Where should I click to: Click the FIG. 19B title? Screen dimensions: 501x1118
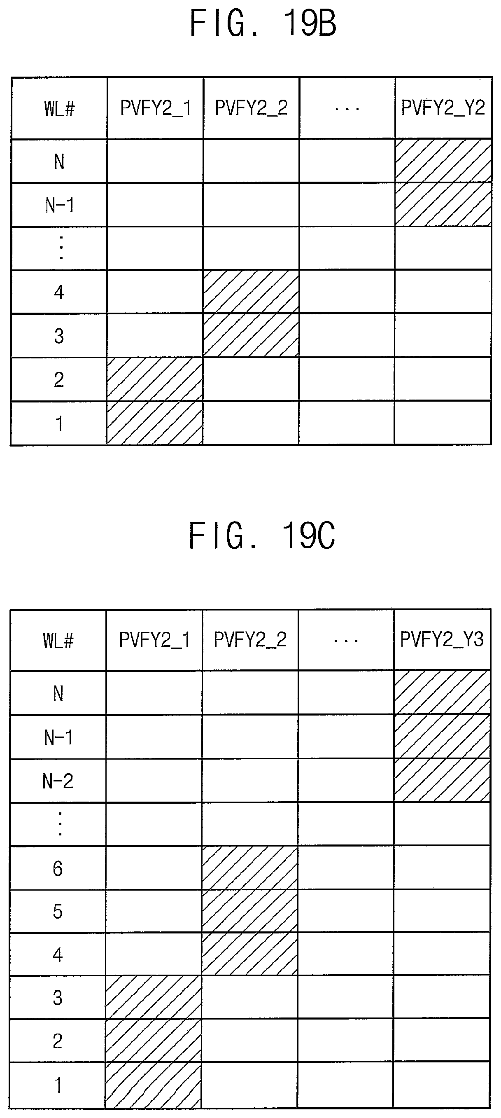pyautogui.click(x=263, y=23)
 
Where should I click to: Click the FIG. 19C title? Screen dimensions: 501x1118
pyautogui.click(x=261, y=536)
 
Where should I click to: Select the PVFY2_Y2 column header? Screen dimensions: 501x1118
pyautogui.click(x=443, y=108)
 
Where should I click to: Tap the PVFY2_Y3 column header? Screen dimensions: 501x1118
pyautogui.click(x=442, y=639)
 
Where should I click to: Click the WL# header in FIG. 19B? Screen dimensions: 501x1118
pyautogui.click(x=59, y=108)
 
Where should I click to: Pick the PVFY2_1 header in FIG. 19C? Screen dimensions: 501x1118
pyautogui.click(x=154, y=640)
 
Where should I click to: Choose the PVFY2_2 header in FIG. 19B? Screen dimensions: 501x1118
pyautogui.click(x=251, y=108)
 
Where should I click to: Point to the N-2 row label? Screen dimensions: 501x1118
pyautogui.click(x=58, y=781)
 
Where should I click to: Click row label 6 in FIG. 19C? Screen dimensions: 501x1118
pyautogui.click(x=58, y=868)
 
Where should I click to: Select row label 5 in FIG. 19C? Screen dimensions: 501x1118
pyautogui.click(x=58, y=911)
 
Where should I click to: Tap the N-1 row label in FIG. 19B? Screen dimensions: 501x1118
pyautogui.click(x=59, y=205)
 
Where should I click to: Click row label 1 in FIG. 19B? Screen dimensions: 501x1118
pyautogui.click(x=59, y=423)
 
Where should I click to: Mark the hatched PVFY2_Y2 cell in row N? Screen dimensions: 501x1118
pyautogui.click(x=443, y=161)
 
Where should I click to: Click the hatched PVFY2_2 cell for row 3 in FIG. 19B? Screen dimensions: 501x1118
pyautogui.click(x=251, y=335)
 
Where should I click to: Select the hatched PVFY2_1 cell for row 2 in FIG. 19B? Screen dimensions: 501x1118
pyautogui.click(x=155, y=379)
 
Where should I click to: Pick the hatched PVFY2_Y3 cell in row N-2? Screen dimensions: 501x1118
pyautogui.click(x=442, y=781)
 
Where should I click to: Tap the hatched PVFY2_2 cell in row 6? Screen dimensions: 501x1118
pyautogui.click(x=250, y=868)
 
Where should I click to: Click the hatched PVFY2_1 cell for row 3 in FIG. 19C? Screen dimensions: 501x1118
pyautogui.click(x=154, y=997)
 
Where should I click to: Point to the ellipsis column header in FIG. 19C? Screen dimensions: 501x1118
pyautogui.click(x=346, y=640)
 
